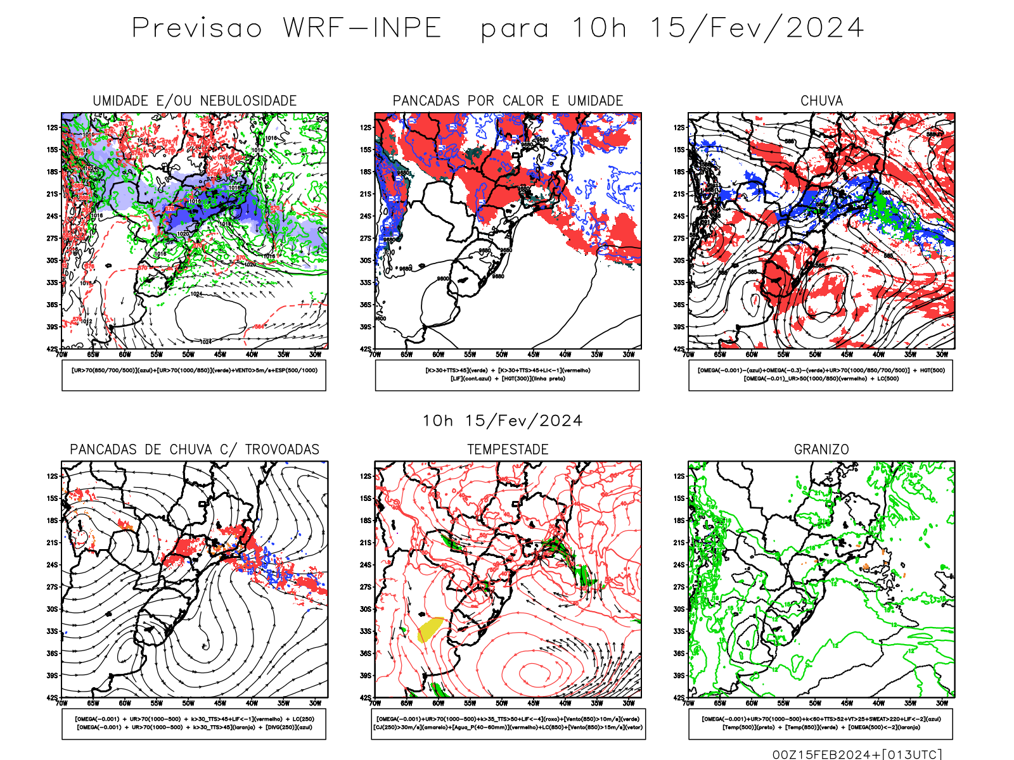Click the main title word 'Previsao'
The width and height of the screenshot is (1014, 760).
[196, 28]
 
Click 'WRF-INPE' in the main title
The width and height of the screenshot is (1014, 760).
[362, 28]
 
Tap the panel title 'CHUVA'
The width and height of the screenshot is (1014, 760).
[821, 101]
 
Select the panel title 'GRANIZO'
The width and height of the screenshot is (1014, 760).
[821, 450]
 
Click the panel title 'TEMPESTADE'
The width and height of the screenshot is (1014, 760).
[508, 450]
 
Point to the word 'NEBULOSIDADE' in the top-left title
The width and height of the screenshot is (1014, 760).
[248, 101]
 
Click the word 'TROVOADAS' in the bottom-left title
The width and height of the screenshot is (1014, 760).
[282, 450]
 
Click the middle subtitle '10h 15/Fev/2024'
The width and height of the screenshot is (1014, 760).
[503, 421]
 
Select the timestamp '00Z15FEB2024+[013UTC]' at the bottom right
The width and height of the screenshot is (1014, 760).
[857, 754]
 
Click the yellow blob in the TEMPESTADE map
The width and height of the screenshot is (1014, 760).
[430, 628]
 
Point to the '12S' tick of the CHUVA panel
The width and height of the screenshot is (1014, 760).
[679, 128]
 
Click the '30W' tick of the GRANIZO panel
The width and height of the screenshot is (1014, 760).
[942, 703]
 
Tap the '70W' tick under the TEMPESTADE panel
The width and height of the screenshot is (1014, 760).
[375, 703]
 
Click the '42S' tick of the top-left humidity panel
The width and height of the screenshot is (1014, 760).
[52, 349]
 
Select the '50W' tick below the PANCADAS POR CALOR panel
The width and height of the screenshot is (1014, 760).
[502, 355]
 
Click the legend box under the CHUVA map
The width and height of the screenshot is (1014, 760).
[821, 375]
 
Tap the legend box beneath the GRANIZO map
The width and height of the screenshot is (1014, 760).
[821, 723]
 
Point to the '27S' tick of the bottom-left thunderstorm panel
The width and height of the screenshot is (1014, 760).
[52, 587]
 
